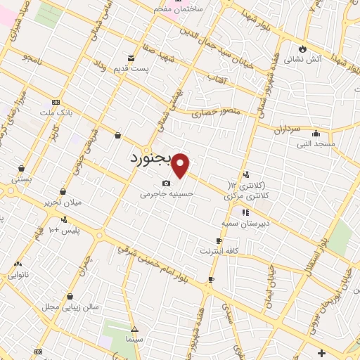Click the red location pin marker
tap(181, 165)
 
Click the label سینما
tap(134, 338)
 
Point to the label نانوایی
tap(17, 276)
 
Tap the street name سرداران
tap(287, 130)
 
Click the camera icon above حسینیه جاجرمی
tap(167, 183)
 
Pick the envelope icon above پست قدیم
tap(131, 58)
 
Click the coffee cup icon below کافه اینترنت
tap(210, 280)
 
